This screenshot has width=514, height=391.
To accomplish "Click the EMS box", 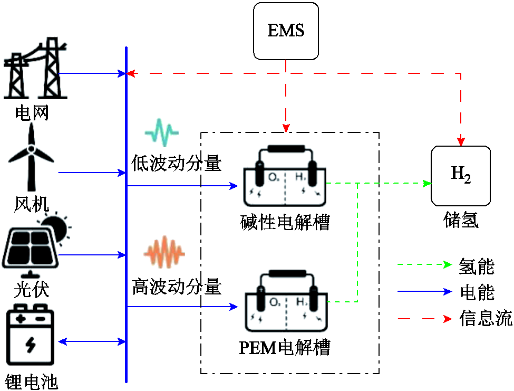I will tap(286, 31).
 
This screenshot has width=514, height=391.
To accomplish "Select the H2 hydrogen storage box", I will tap(461, 175).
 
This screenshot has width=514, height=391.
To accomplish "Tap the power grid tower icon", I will tap(35, 69).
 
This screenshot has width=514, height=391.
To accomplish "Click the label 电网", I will tap(32, 113).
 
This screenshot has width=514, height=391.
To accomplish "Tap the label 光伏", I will tap(32, 289).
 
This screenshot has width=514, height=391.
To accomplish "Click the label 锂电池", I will tap(31, 381).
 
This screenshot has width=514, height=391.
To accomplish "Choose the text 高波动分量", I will tap(176, 287).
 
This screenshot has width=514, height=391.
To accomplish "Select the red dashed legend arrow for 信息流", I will tap(424, 319).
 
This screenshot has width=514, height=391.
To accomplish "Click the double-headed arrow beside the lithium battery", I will tap(91, 341).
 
